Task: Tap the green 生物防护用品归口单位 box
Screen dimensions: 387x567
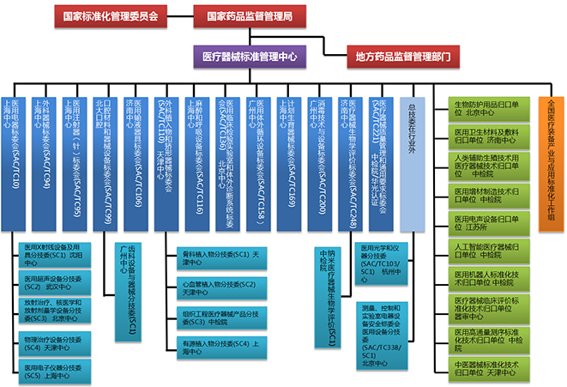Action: [x=486, y=108]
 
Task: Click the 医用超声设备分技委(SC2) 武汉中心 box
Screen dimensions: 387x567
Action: [x=56, y=284]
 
